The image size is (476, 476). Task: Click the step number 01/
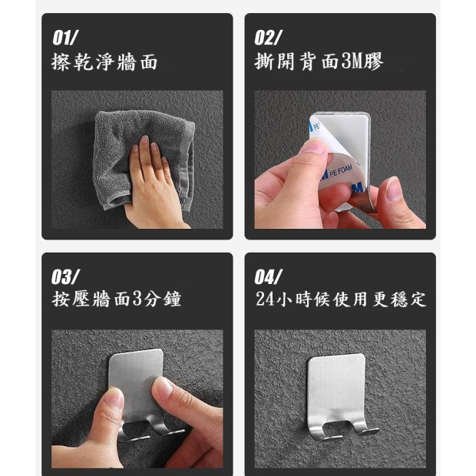click(x=65, y=38)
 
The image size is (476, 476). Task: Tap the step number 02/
click(x=268, y=38)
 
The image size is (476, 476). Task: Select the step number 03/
click(x=65, y=277)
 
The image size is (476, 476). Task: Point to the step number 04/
click(x=269, y=277)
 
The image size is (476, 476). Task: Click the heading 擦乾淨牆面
click(x=104, y=62)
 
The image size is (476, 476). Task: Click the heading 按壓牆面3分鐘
click(x=116, y=299)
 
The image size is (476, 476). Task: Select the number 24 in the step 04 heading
click(x=266, y=299)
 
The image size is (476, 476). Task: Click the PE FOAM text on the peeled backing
click(x=341, y=171)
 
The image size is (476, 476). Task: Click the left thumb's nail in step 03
click(x=114, y=396)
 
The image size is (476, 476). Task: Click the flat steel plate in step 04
click(x=336, y=388)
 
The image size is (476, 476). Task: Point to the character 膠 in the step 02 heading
click(x=375, y=61)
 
